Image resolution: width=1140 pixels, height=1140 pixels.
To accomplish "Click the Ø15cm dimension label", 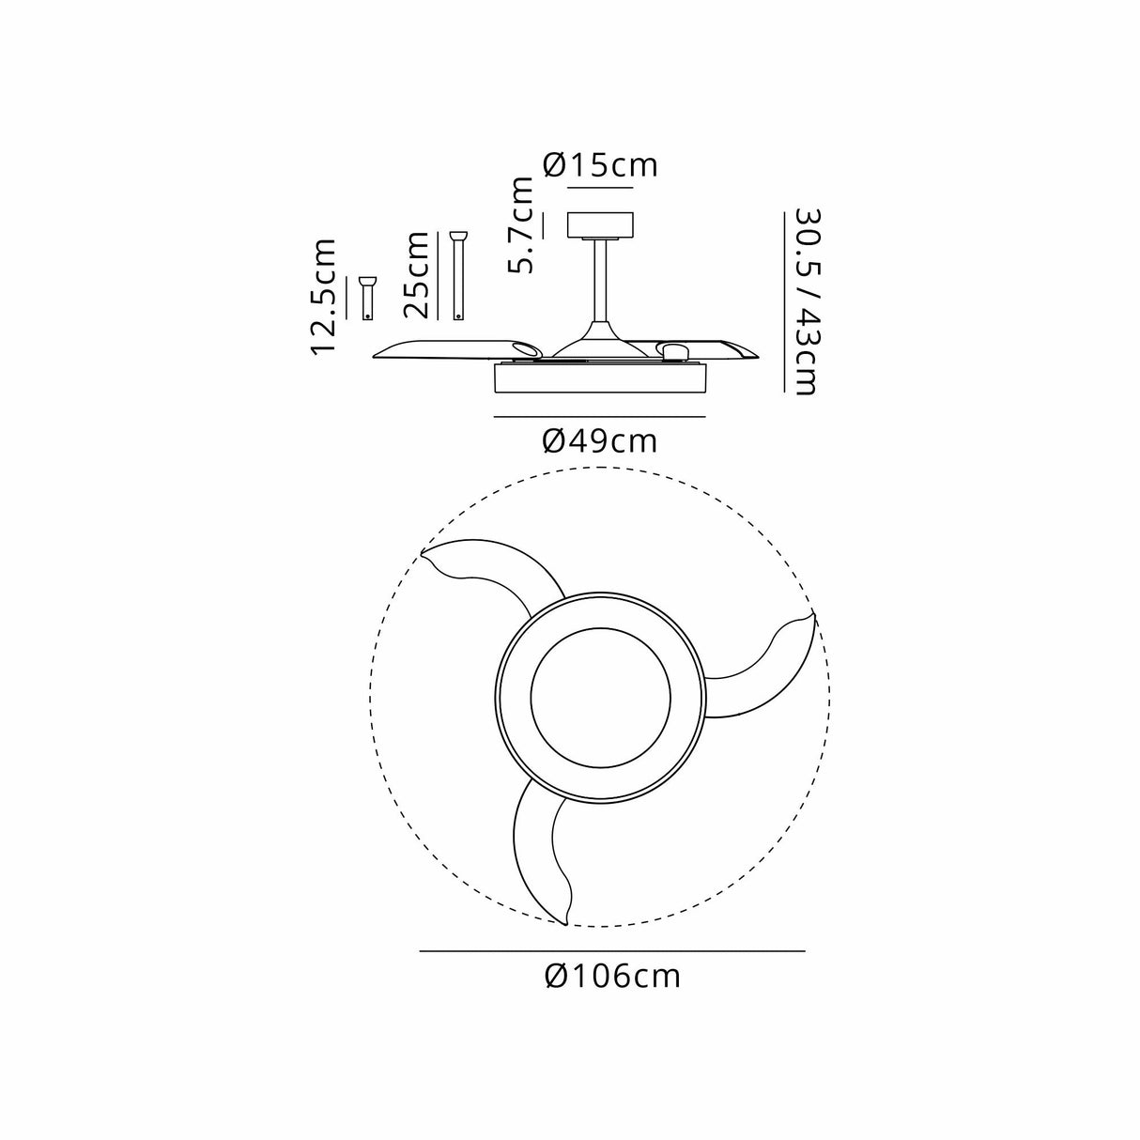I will coord(601,165).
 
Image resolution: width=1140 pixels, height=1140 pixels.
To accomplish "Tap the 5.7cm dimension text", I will coord(521,225).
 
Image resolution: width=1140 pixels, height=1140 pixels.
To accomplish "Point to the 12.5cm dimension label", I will coord(325,297).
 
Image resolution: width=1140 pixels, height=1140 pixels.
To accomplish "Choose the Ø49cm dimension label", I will coord(600,439).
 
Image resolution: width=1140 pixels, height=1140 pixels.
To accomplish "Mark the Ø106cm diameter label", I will coord(612,977).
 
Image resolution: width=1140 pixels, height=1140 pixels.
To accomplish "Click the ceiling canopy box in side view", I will coord(601,226).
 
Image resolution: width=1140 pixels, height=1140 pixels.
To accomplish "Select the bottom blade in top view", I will coord(540,855).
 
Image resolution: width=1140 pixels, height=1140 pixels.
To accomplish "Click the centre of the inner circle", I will coord(600,697).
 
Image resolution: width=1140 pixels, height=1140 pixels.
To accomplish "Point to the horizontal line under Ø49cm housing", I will coord(599,416).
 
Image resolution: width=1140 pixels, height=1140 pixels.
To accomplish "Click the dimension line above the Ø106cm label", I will coord(612,951).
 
